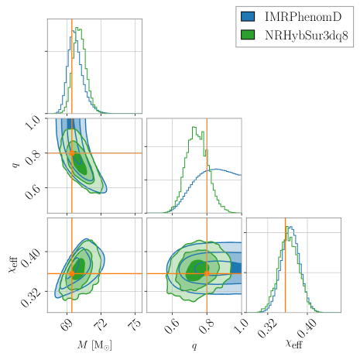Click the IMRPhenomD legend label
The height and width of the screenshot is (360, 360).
pyautogui.click(x=303, y=16)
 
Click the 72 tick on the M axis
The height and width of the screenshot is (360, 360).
pyautogui.click(x=101, y=323)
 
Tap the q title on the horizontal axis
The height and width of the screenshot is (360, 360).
pyautogui.click(x=194, y=346)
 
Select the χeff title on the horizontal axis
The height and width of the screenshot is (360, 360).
pyautogui.click(x=293, y=345)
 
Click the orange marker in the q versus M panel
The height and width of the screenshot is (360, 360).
pyautogui.click(x=71, y=153)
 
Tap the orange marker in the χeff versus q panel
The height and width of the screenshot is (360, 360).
pyautogui.click(x=207, y=273)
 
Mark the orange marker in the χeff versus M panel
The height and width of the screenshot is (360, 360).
pyautogui.click(x=71, y=273)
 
